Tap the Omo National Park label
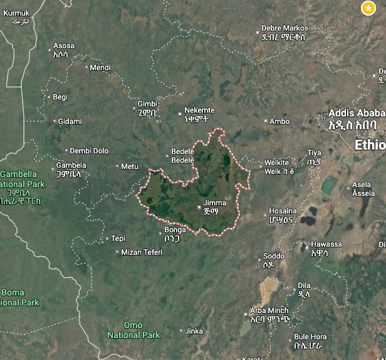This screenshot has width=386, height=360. pos(133,330)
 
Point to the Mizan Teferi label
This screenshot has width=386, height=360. pos(142,252)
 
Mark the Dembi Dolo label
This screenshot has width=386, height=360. pos(89,151)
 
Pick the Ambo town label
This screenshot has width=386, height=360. pos(279,121)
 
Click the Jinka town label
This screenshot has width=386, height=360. pos(194,331)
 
